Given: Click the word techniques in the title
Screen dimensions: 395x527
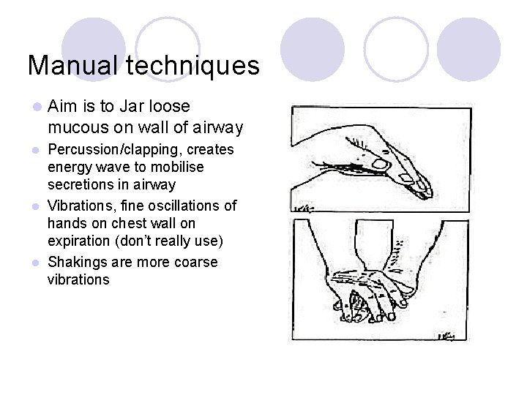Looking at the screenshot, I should (193, 66).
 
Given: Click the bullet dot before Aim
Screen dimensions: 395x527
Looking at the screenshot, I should (37, 108).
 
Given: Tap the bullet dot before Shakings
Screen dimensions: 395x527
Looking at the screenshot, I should (37, 263).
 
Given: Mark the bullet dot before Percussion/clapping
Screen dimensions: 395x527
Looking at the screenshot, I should (37, 151).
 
